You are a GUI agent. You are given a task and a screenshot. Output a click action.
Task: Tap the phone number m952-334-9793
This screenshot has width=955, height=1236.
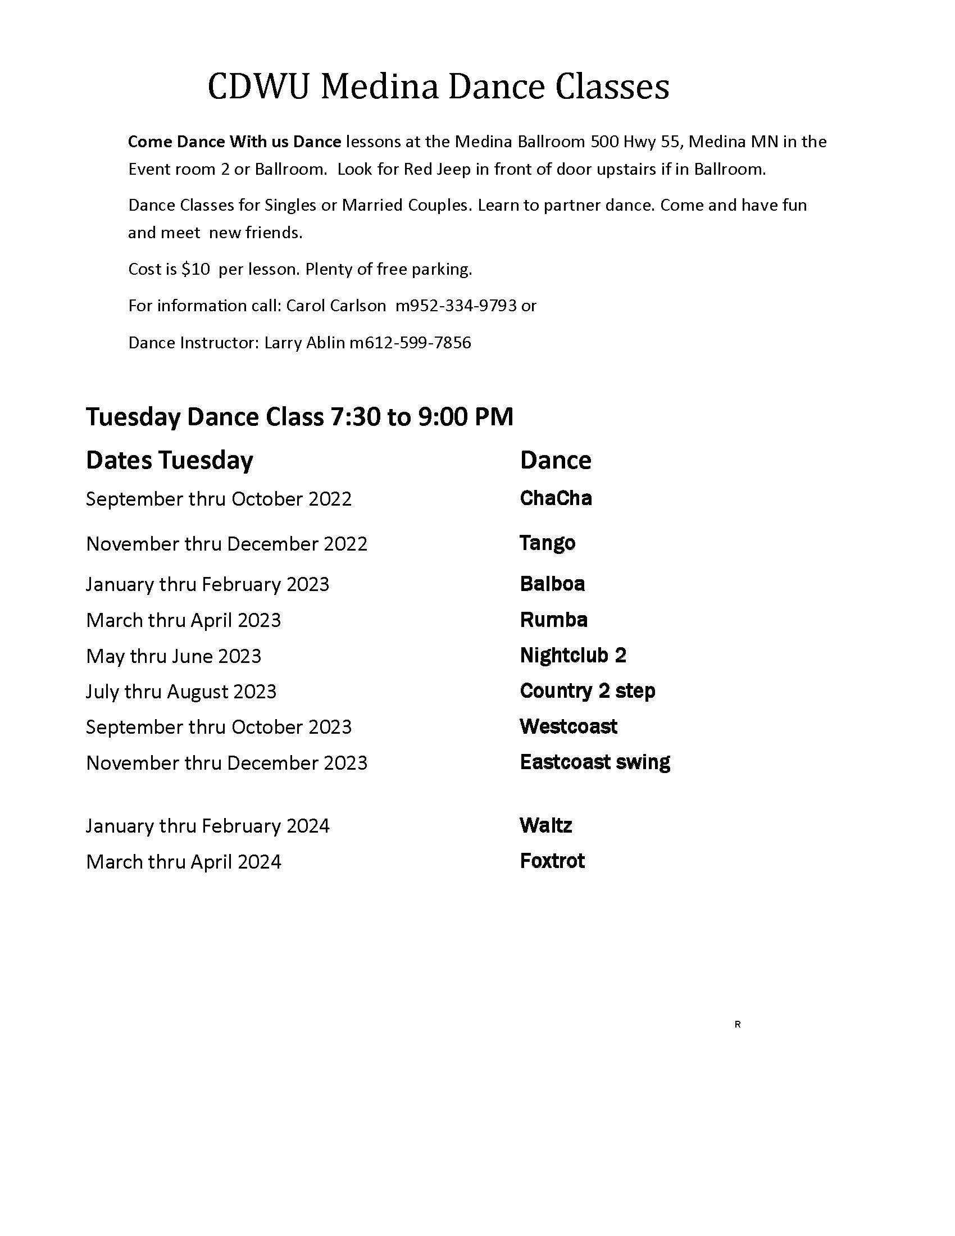[x=456, y=306]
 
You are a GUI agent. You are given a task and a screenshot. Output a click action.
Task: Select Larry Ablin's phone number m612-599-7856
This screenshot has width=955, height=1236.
[x=410, y=342]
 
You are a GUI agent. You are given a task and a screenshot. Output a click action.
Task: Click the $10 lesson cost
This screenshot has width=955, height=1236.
[x=195, y=269]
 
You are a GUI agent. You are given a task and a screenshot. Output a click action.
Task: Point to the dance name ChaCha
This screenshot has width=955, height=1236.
[x=556, y=498]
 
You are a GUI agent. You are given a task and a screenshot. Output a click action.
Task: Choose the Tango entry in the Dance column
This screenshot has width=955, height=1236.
[x=547, y=543]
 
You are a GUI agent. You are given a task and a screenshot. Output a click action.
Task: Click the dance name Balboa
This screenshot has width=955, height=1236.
[x=552, y=584]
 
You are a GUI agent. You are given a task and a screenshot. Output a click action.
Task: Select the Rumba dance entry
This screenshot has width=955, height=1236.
[x=553, y=620]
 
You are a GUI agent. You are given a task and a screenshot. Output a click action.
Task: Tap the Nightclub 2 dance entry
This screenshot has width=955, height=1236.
[x=572, y=655]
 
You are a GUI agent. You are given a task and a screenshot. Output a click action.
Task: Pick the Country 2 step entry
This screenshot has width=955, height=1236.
[x=587, y=691]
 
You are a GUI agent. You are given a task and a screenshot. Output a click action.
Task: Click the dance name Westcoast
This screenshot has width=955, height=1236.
[x=569, y=726]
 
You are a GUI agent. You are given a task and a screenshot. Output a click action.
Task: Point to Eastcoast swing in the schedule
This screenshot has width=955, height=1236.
[x=594, y=762]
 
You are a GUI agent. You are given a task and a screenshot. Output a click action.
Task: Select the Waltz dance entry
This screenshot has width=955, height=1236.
[x=546, y=826]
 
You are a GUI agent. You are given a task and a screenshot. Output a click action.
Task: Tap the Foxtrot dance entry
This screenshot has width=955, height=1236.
[x=552, y=861]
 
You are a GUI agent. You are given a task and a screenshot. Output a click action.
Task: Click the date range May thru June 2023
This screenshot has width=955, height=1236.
[x=174, y=656]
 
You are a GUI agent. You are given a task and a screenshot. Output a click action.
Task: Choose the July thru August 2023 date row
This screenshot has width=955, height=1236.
[x=181, y=692]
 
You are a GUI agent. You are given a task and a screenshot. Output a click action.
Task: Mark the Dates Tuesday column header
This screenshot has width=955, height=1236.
[x=169, y=460]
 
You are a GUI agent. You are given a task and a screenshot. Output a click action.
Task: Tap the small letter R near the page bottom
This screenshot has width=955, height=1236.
[x=737, y=1024]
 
